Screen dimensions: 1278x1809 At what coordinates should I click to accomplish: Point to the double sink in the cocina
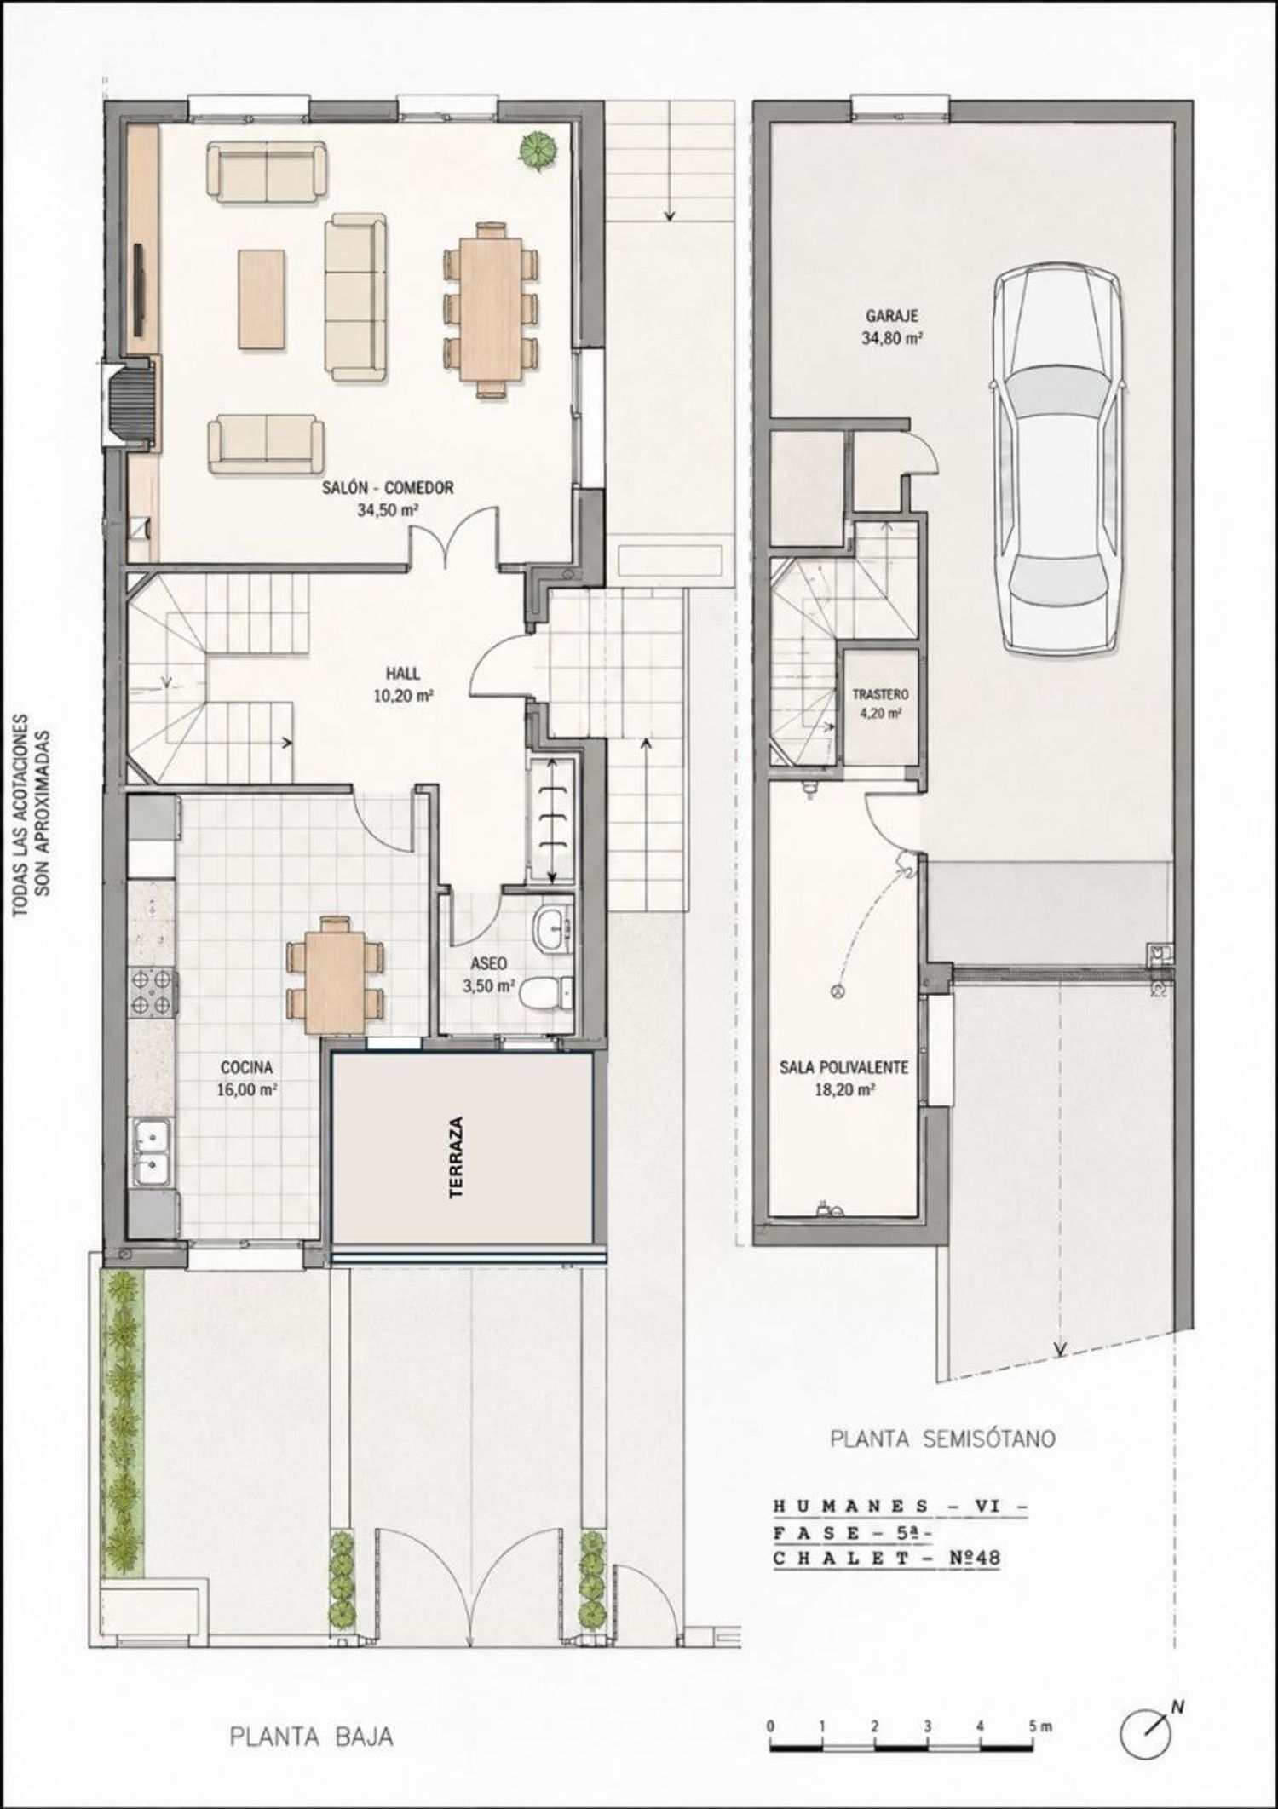click(x=153, y=1151)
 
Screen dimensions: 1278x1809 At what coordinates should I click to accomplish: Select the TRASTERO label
click(x=881, y=694)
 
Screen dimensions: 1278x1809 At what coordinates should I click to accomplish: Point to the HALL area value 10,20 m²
click(x=401, y=694)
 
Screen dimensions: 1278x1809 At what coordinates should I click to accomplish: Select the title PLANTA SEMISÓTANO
click(x=943, y=1439)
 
